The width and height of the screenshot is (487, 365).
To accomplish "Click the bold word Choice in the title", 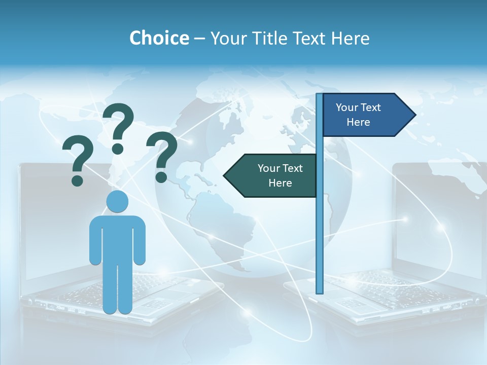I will [x=159, y=38].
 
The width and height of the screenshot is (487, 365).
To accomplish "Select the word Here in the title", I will [x=350, y=38].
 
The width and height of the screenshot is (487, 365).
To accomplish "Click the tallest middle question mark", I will [x=118, y=127].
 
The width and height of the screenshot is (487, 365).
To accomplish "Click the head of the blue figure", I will [x=117, y=202].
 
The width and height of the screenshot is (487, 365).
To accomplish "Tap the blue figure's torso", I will [x=117, y=238].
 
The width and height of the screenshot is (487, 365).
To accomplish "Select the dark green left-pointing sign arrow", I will [x=274, y=175].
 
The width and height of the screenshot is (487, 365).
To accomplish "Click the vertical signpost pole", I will [x=319, y=228].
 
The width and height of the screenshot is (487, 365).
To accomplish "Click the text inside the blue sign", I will [x=358, y=115].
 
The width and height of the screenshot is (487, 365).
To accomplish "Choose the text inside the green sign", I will [x=280, y=175].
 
